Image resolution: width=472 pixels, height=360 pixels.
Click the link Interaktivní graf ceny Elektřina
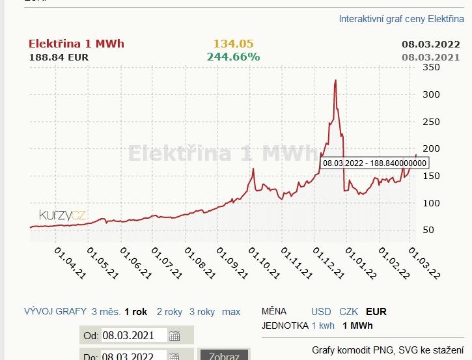401,19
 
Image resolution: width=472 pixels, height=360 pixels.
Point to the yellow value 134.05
233,44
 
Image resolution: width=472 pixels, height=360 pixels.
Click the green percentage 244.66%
233,57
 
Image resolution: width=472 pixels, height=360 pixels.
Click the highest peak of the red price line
335,80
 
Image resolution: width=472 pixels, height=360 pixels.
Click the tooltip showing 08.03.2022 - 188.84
374,163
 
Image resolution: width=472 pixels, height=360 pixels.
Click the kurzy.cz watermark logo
62,214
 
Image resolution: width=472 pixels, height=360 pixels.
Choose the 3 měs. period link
105,312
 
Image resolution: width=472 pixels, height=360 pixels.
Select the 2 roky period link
169,312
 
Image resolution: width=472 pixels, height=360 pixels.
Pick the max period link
231,312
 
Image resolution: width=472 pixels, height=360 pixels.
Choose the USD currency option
321,312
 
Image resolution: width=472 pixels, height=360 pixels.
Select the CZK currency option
348,312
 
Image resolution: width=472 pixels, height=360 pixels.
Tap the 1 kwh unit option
324,325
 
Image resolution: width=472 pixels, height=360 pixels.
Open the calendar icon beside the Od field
174,336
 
